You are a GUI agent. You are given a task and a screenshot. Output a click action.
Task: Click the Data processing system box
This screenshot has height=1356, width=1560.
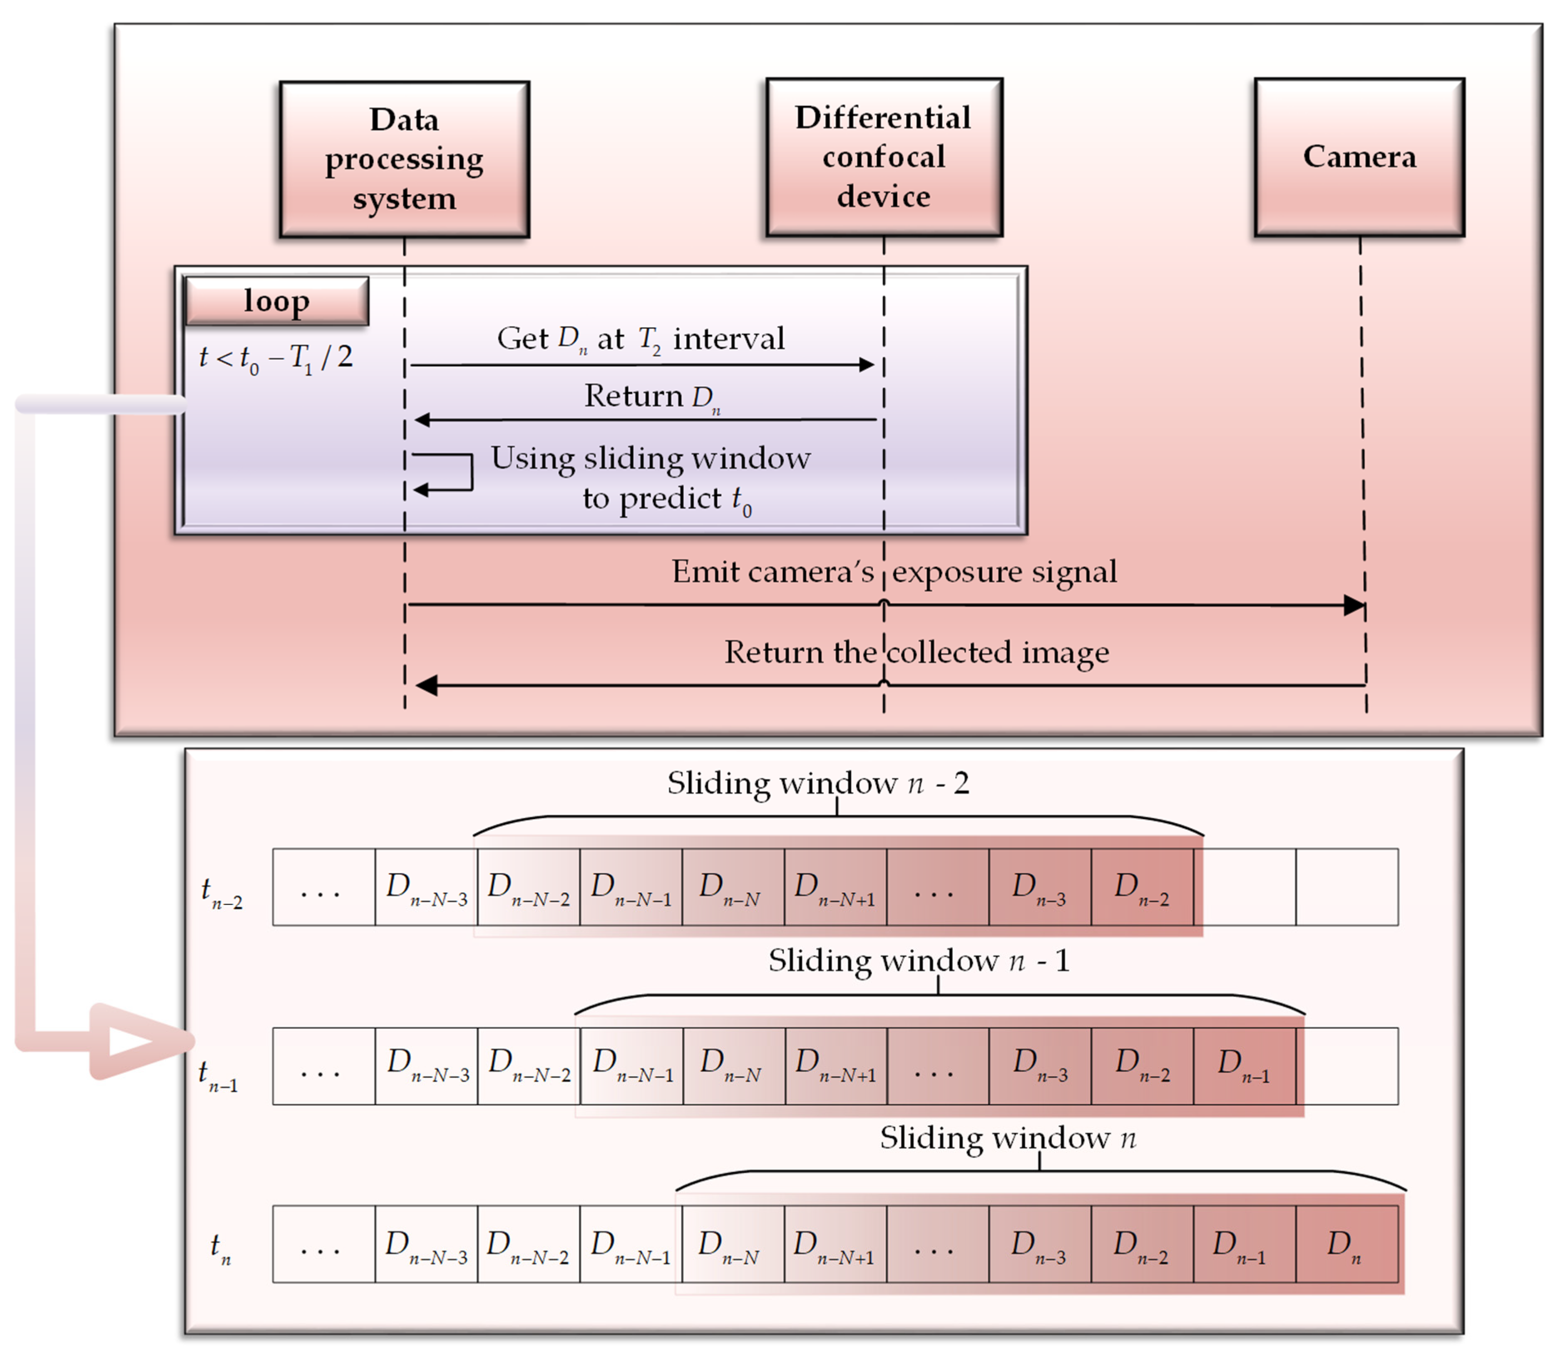(404, 159)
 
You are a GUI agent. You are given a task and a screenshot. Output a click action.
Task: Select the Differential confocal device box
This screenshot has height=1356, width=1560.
(884, 157)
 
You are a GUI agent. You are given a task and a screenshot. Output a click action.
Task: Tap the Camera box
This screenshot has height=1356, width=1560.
(1359, 157)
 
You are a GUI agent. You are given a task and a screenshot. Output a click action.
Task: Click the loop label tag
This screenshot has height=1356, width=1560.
(277, 301)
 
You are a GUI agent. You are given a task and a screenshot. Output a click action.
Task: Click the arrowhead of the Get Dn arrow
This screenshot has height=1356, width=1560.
(867, 365)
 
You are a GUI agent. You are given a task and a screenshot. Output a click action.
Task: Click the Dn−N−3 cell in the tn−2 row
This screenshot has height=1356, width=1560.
(426, 887)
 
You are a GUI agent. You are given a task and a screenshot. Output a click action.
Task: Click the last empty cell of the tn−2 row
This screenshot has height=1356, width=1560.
(1346, 887)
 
